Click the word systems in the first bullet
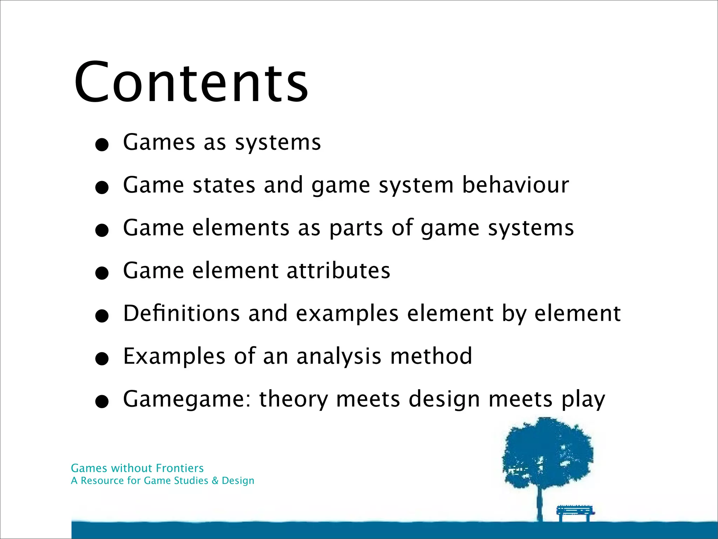click(278, 143)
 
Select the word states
click(224, 186)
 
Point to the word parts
click(356, 228)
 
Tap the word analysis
click(339, 357)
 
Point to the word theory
click(293, 399)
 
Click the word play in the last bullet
click(583, 399)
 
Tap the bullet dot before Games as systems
click(102, 145)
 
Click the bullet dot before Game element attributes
click(102, 273)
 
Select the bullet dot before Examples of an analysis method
click(102, 359)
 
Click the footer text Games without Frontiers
click(137, 468)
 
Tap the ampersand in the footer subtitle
click(215, 481)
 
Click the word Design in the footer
click(238, 481)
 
